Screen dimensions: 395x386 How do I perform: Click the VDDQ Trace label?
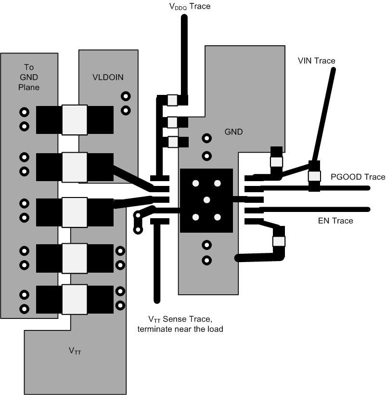pyautogui.click(x=190, y=7)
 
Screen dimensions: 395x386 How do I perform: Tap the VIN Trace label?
pyautogui.click(x=316, y=61)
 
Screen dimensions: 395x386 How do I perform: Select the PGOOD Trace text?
pyautogui.click(x=358, y=177)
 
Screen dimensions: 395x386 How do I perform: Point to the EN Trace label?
pyautogui.click(x=335, y=221)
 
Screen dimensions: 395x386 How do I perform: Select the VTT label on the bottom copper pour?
pyautogui.click(x=75, y=352)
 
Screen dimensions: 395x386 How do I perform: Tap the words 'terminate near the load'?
pyautogui.click(x=180, y=329)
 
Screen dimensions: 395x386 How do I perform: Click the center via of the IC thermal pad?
pyautogui.click(x=206, y=200)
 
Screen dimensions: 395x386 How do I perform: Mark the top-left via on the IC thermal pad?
pyautogui.click(x=196, y=183)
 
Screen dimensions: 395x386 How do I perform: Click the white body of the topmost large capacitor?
pyautogui.click(x=75, y=120)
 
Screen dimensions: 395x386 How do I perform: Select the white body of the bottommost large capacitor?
pyautogui.click(x=75, y=300)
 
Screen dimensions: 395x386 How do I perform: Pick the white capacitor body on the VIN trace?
pyautogui.click(x=314, y=176)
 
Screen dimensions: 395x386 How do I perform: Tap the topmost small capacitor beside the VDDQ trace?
pyautogui.click(x=172, y=100)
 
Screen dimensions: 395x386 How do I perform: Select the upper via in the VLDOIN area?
pyautogui.click(x=126, y=96)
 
